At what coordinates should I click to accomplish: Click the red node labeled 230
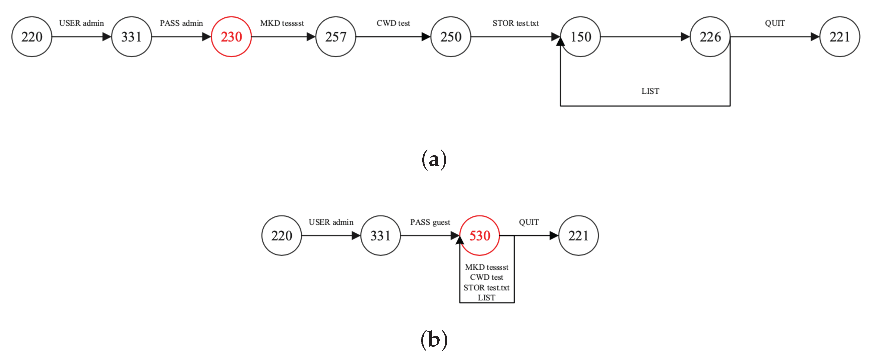231,37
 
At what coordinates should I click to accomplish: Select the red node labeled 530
479,235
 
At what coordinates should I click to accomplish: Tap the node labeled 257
336,37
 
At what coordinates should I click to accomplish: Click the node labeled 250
451,37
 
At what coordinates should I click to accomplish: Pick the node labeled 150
581,37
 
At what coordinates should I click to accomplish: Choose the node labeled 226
710,37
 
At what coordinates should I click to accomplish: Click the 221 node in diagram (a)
839,37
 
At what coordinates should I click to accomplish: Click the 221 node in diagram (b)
578,235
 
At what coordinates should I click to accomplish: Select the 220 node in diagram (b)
281,235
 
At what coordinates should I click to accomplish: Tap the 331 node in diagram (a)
131,37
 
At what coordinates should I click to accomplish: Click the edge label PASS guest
430,222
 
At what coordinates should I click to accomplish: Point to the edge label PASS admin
181,23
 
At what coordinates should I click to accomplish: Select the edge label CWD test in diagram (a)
393,23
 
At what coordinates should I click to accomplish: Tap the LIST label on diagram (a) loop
650,91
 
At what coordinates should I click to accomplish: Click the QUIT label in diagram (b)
529,222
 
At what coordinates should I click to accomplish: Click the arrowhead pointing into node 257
311,37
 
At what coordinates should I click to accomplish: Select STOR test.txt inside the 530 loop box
486,288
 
